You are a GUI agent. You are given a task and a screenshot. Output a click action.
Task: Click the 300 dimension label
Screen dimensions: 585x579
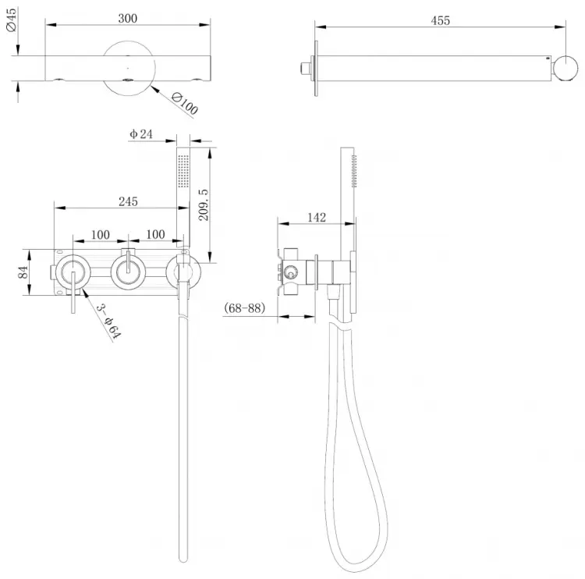tap(128, 18)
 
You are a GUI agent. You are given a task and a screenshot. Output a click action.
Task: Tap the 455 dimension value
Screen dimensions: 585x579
tap(440, 20)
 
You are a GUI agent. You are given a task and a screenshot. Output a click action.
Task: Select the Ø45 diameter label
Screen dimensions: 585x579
tap(11, 20)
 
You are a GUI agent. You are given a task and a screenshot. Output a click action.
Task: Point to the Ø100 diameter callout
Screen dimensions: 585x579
tap(184, 104)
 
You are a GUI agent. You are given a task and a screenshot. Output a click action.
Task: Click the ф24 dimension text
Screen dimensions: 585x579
tap(141, 133)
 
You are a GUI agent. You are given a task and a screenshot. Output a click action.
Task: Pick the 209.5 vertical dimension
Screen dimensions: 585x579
tap(204, 204)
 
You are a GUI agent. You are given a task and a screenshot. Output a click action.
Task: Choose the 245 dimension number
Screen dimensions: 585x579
tap(128, 201)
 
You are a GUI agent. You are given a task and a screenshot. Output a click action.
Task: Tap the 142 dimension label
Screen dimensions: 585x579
tap(317, 217)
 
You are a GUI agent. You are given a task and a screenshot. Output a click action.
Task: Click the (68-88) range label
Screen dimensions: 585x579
tap(244, 308)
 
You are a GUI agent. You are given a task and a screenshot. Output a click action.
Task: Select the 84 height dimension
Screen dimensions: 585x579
tap(23, 272)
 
